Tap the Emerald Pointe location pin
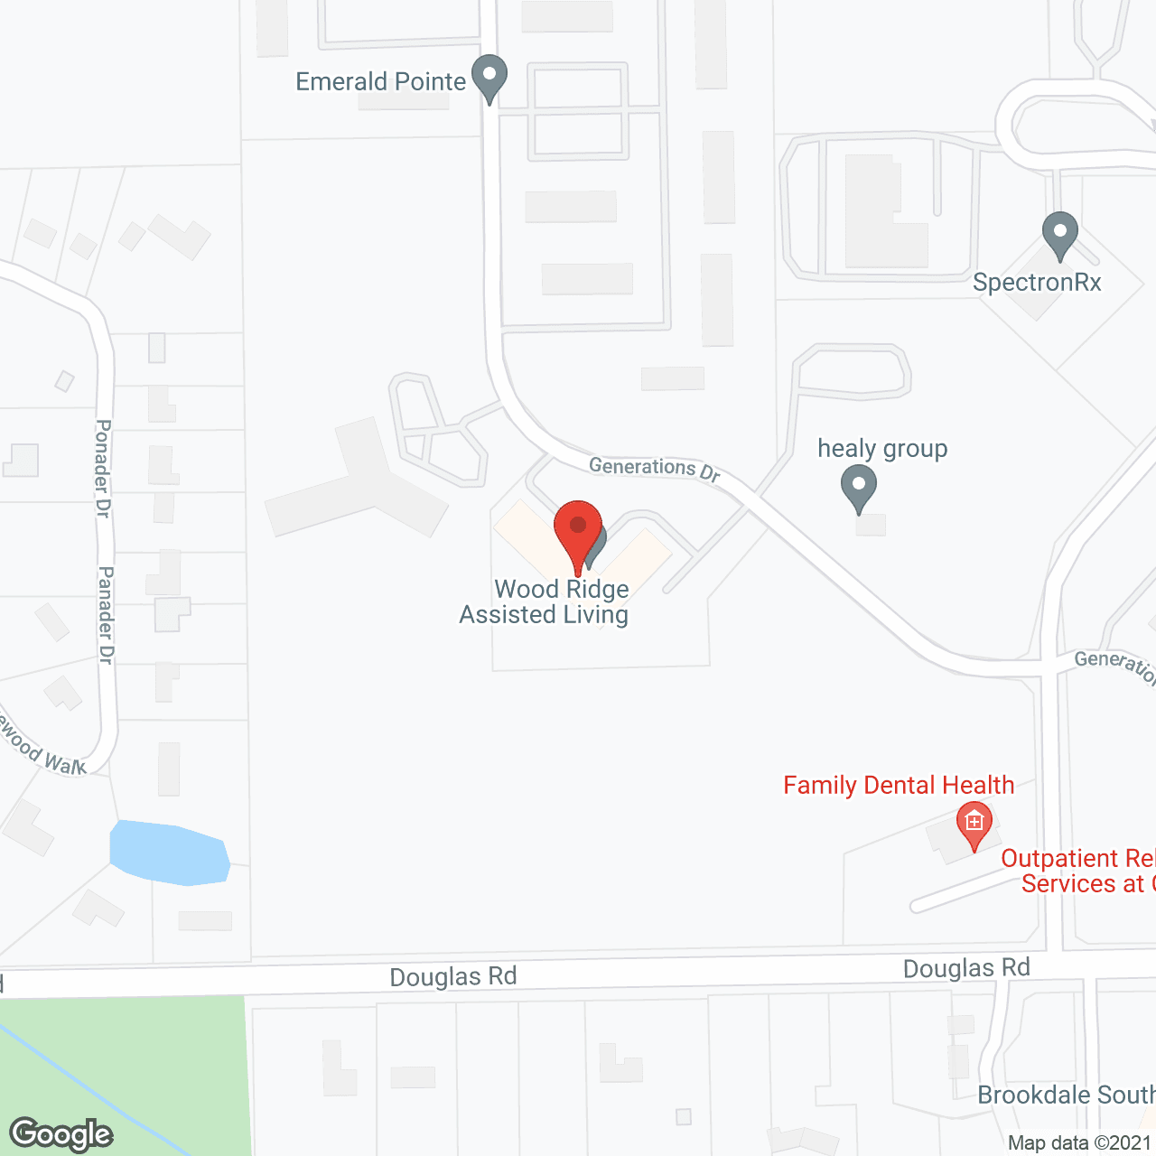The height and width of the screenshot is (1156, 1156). (489, 76)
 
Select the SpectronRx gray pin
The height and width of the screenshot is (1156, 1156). (1059, 233)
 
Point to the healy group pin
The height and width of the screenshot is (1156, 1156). (859, 488)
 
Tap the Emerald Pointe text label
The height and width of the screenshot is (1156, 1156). (380, 81)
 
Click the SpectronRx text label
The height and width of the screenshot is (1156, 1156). (1037, 283)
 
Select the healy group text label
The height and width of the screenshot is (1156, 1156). (882, 449)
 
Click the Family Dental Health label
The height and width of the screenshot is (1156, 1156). (899, 786)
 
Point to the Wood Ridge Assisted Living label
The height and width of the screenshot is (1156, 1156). (545, 602)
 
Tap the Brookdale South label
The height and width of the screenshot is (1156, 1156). (1066, 1095)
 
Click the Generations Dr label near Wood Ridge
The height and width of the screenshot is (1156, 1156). (655, 468)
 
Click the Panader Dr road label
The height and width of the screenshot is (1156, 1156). (106, 615)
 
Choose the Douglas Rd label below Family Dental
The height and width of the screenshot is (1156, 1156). (966, 969)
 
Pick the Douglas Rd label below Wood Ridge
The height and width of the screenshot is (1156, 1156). (453, 977)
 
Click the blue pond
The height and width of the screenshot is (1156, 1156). (169, 853)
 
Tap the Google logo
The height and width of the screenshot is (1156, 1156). (61, 1134)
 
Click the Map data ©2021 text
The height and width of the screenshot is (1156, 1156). (1080, 1143)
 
